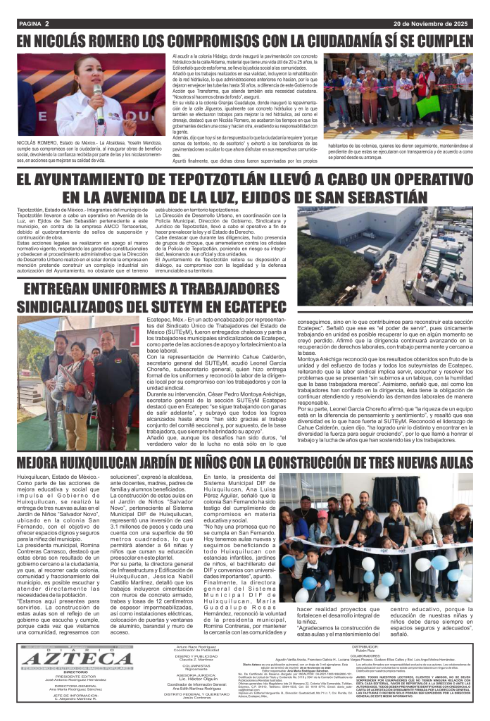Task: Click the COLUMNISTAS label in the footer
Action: point(196,665)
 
